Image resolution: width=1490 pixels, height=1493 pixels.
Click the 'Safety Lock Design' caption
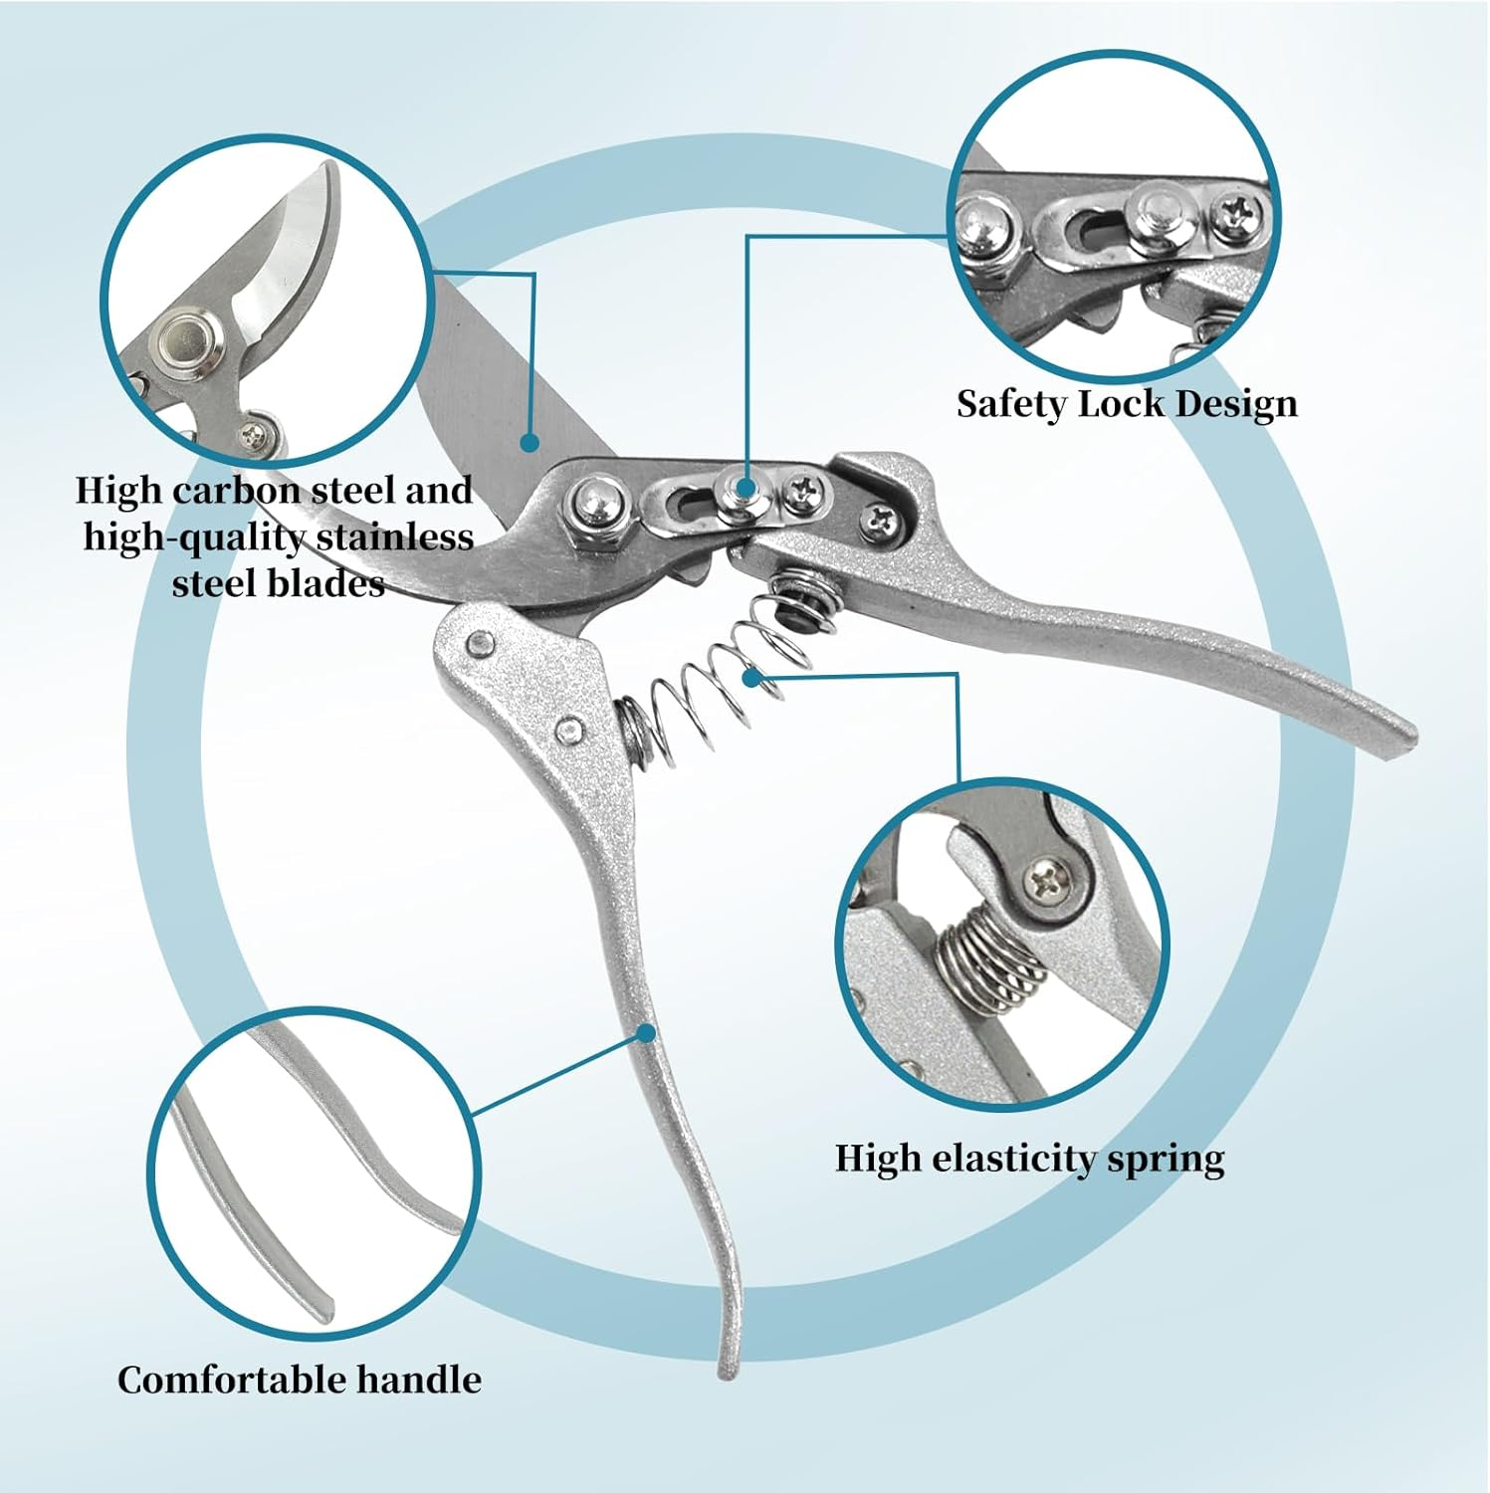1127,404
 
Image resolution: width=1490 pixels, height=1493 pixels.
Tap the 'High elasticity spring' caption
1029,1159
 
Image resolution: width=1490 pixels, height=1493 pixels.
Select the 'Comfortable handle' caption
299,1380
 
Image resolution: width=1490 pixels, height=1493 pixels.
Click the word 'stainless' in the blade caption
394,537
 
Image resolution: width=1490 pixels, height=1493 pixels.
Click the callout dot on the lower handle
647,1034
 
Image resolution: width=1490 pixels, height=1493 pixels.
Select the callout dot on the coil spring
758,676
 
